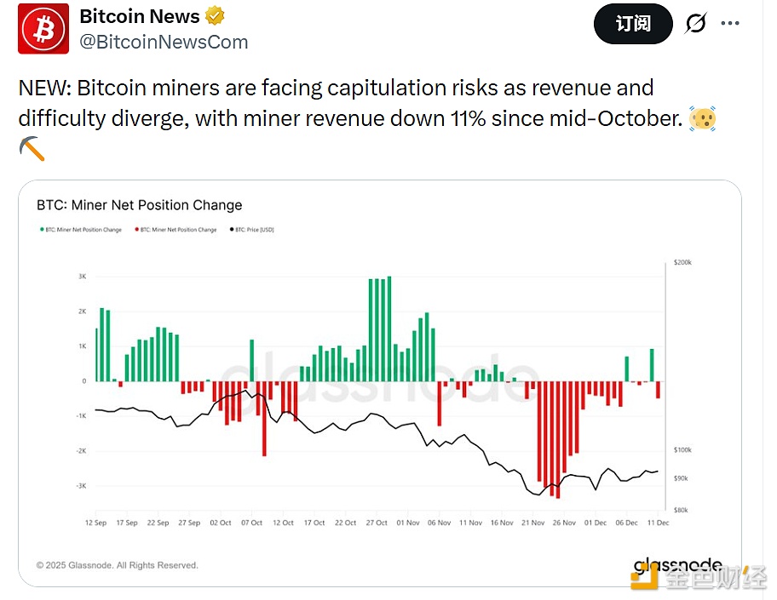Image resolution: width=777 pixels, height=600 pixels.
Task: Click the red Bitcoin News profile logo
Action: (x=43, y=29)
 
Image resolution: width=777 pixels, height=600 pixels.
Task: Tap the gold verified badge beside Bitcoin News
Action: (x=216, y=16)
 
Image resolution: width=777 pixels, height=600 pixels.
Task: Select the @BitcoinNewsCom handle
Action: (x=164, y=42)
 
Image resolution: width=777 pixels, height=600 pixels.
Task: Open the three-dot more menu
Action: (x=730, y=23)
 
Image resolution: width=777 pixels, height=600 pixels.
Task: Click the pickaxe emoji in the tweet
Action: (x=32, y=148)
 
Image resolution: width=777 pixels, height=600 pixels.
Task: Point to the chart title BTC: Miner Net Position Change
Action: (x=139, y=205)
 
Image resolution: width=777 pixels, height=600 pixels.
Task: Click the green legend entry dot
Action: (x=41, y=230)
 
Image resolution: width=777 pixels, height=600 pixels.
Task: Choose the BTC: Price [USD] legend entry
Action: (x=252, y=230)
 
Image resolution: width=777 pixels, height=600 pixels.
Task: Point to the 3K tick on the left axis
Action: (x=83, y=276)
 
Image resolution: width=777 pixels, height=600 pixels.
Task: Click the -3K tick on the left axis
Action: (x=81, y=486)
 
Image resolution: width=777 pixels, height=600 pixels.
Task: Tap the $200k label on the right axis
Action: (x=682, y=263)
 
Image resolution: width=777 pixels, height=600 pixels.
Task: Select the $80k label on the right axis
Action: (x=680, y=510)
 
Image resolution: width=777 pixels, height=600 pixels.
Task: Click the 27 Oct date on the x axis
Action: (x=377, y=523)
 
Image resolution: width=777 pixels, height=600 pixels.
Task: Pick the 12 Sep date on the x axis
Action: (x=95, y=523)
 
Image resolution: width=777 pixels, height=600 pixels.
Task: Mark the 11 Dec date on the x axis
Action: (x=657, y=523)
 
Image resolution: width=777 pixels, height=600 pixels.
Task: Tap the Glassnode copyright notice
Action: (x=117, y=565)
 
